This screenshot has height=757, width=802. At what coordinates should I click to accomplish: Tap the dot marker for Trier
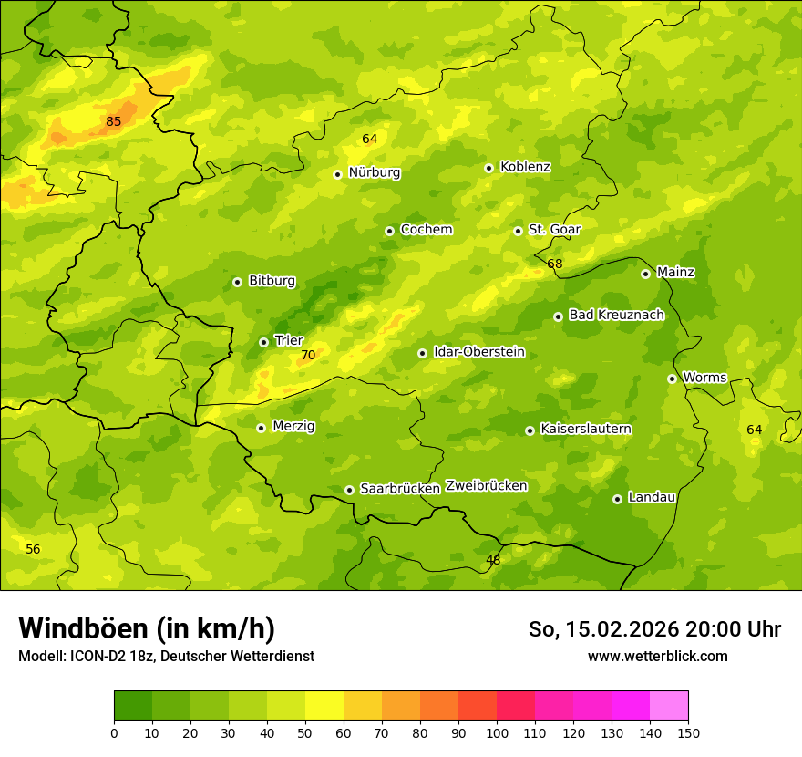263,342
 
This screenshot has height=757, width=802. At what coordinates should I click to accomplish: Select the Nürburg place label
374,172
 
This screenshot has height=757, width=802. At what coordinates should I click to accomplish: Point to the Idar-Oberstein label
479,352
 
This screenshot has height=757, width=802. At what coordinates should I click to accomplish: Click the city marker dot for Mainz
645,274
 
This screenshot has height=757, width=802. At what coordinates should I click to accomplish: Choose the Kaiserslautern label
586,429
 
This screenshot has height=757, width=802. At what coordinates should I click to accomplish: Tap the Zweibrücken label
486,486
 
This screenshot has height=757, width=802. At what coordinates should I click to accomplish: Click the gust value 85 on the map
113,121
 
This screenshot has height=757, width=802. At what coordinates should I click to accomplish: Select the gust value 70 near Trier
308,356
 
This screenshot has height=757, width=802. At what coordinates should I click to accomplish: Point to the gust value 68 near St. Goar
555,264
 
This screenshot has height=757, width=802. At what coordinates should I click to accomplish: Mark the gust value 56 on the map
33,549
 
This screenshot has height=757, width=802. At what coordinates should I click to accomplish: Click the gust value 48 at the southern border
493,560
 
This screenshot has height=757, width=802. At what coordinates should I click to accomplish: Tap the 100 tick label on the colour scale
497,732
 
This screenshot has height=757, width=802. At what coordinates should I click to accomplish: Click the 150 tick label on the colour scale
688,732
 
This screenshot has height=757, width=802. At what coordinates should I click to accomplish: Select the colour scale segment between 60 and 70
363,706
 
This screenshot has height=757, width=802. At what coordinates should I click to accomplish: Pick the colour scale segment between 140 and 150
669,706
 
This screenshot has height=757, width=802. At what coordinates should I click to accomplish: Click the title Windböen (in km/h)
147,628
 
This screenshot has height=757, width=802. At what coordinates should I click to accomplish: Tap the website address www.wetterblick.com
658,656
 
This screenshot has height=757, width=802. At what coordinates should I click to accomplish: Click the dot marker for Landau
617,499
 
